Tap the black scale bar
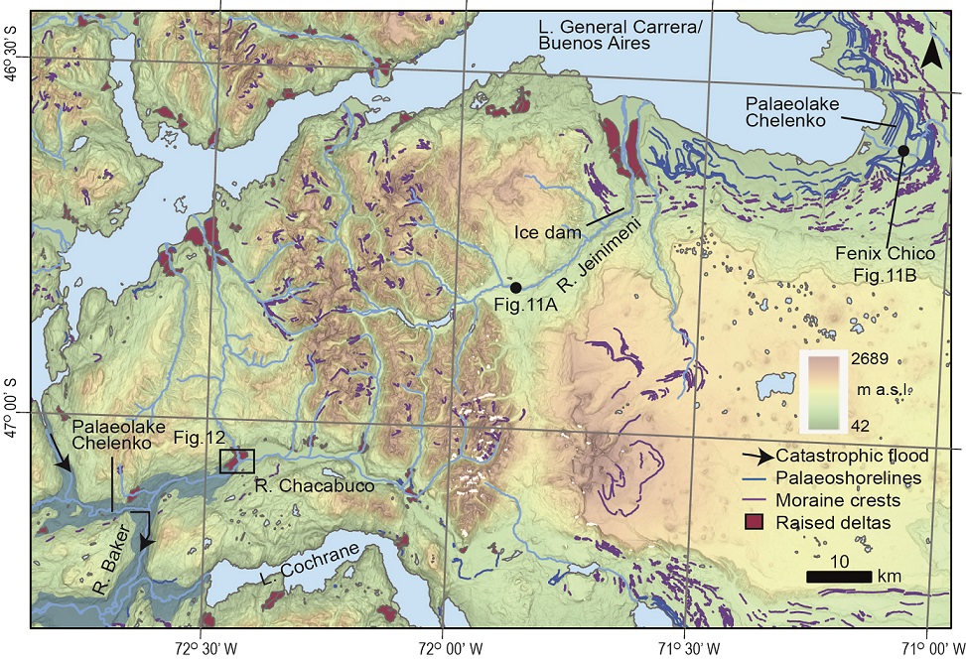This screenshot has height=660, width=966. coord(839,577)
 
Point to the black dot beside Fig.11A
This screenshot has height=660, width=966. coord(515,287)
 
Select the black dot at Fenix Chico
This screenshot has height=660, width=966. coord(903,150)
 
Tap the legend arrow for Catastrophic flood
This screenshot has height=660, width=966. coord(759,457)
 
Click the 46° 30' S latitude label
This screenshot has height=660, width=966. coord(14,77)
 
